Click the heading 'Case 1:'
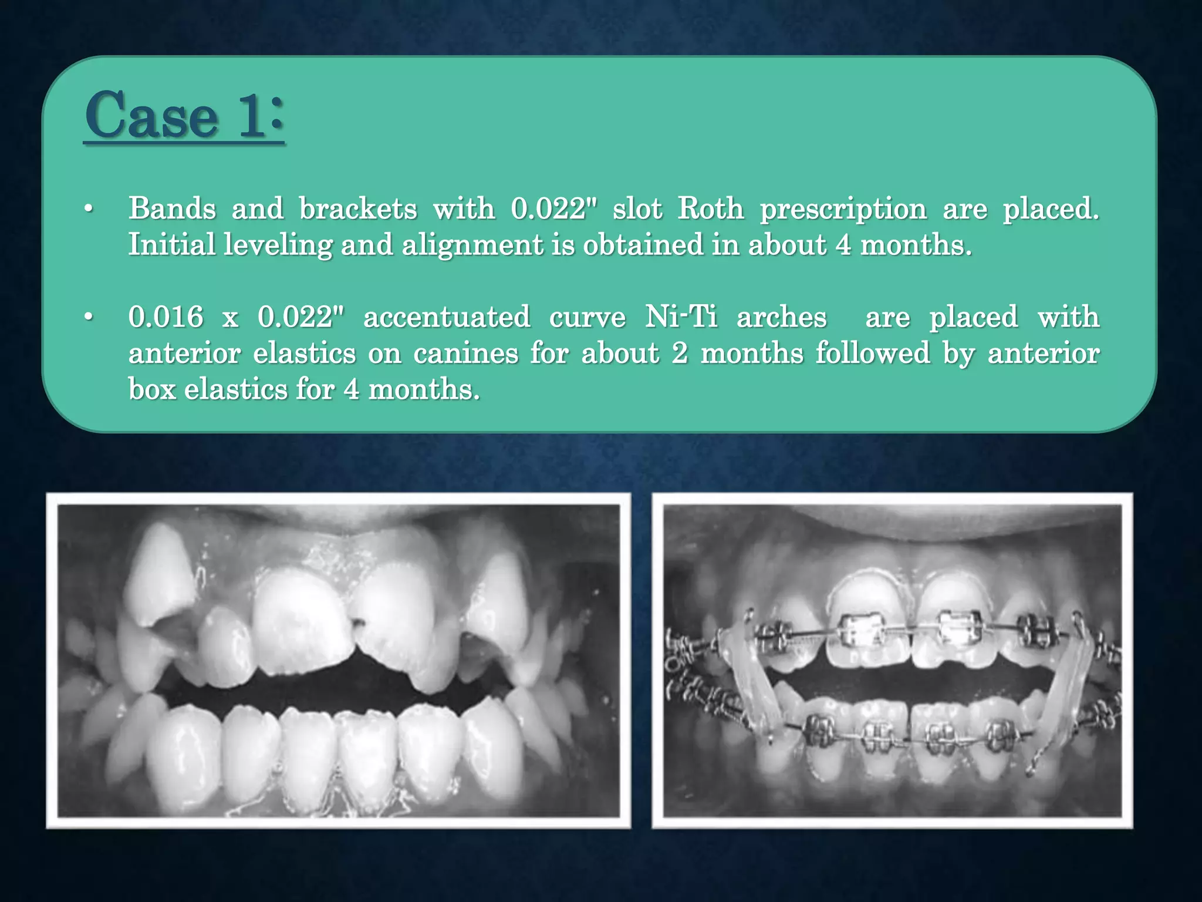(x=184, y=115)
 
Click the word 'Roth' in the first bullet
(x=711, y=208)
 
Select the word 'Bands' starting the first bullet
(x=172, y=208)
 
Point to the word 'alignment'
(x=472, y=245)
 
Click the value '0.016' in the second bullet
(x=166, y=317)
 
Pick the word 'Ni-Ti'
(x=681, y=317)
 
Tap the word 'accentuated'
(x=447, y=317)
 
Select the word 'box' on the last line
(x=152, y=389)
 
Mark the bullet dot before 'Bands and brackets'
(x=89, y=210)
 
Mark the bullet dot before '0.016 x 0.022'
(x=89, y=318)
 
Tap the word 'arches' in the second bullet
(x=781, y=317)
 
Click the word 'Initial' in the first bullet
(x=172, y=245)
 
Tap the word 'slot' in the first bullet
(x=637, y=208)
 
